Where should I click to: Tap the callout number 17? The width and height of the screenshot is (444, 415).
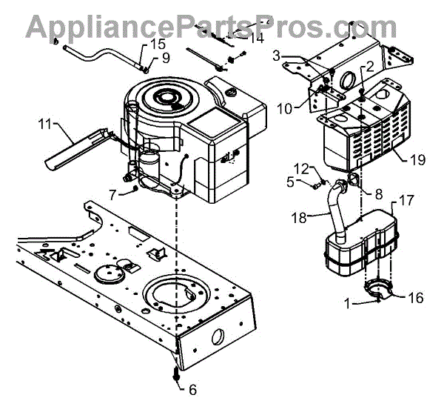(406, 199)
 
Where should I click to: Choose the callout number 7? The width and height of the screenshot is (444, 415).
(113, 195)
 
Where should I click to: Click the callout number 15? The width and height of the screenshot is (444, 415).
(158, 44)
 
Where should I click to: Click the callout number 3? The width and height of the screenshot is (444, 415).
(276, 55)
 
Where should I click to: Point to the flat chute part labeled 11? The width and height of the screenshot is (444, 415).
(74, 148)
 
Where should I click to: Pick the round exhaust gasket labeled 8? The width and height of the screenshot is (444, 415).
(354, 180)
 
